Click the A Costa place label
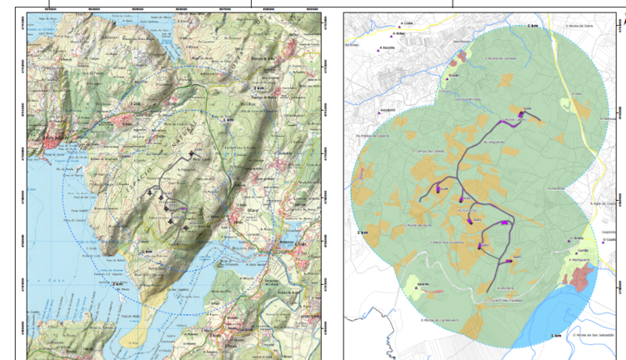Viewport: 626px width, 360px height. tap(408, 23)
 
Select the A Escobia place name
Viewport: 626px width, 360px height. tap(389, 47)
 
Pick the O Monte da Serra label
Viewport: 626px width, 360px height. tap(578, 25)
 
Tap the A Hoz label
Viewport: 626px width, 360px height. tap(576, 93)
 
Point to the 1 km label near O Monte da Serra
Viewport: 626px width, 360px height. tap(532, 26)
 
